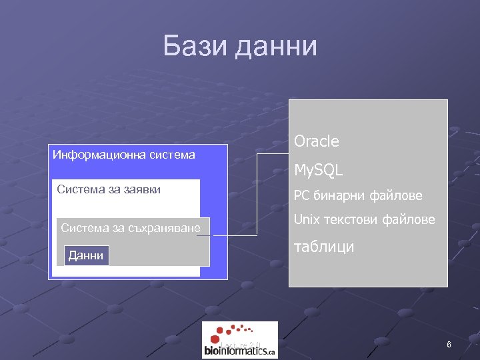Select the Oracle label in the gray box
pos(317,141)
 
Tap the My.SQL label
pos(319,171)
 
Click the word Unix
pos(307,219)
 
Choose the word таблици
pos(324,247)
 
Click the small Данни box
pos(86,255)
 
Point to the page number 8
pos(449,345)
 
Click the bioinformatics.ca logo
pos(240,340)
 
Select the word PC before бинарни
pos(301,197)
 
